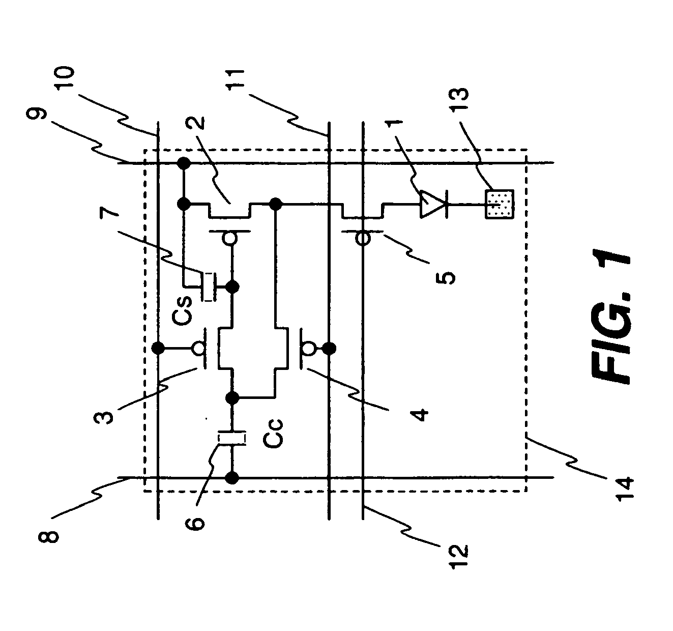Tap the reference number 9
[36, 114]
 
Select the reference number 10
[65, 78]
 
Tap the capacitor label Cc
[273, 435]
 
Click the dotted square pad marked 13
[500, 204]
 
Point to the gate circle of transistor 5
[363, 238]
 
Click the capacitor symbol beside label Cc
[231, 438]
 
